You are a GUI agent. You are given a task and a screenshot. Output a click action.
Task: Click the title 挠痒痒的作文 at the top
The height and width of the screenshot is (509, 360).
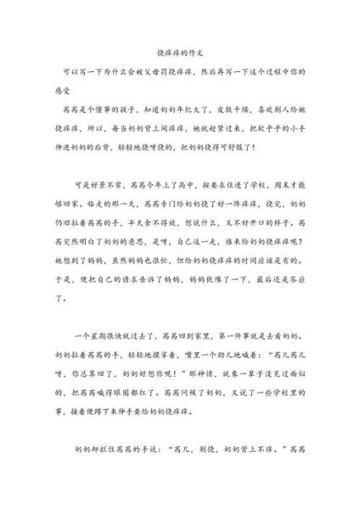click(180, 52)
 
